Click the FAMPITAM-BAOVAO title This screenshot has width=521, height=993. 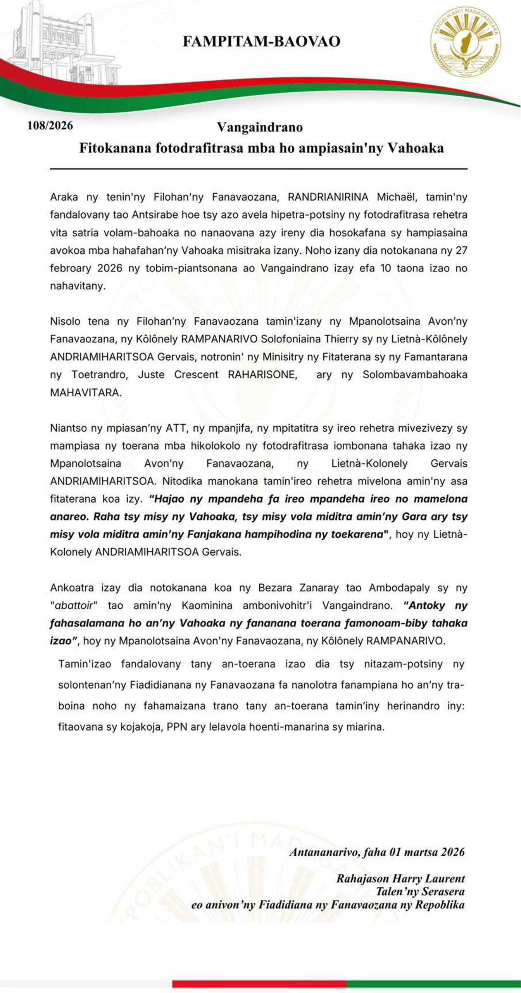(x=261, y=42)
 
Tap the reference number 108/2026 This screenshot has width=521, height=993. (x=50, y=126)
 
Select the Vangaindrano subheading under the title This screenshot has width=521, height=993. (x=260, y=127)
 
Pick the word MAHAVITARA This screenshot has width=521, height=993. (x=86, y=392)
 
